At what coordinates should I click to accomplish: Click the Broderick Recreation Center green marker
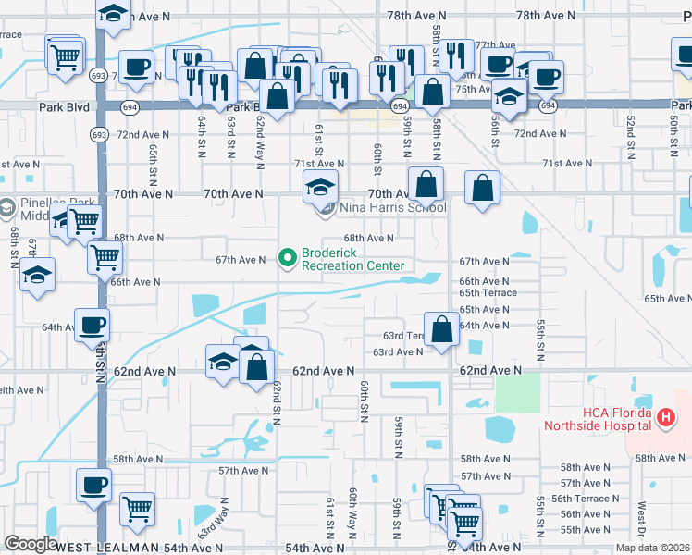pos(287,256)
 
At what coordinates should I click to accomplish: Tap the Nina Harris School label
pos(392,207)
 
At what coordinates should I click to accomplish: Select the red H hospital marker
pos(663,419)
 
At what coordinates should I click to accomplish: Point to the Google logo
pos(31,544)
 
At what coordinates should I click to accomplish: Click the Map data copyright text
pos(653,548)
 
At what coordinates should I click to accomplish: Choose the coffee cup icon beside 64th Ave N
pos(93,326)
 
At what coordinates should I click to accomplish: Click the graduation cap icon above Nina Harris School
pos(319,188)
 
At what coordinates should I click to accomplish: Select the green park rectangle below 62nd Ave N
pos(517,394)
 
